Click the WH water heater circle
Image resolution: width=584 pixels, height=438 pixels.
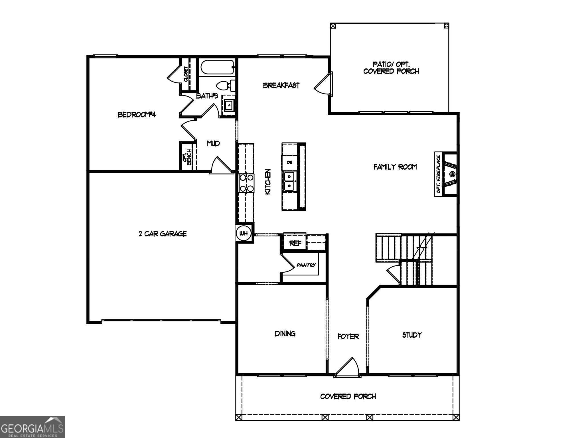click(x=244, y=234)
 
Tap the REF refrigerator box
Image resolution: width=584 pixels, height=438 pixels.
click(x=295, y=243)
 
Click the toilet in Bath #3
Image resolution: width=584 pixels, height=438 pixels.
click(x=225, y=85)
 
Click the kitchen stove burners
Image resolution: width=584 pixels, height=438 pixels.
click(x=247, y=183)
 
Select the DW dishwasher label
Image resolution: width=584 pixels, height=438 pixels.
click(x=290, y=162)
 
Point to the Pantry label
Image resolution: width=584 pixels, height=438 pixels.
click(x=306, y=265)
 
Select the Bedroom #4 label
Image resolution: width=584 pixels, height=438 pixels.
click(x=137, y=115)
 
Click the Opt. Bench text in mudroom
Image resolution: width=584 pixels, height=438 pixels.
click(x=187, y=157)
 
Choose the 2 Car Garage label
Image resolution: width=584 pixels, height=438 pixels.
click(x=163, y=234)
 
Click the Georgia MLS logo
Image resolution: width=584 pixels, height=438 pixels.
click(x=32, y=427)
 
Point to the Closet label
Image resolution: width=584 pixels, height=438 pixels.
click(x=186, y=74)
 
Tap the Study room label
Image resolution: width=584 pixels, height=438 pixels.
click(x=412, y=335)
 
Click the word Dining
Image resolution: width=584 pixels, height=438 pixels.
click(x=285, y=334)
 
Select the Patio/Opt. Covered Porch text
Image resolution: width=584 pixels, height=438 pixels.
click(x=391, y=68)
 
